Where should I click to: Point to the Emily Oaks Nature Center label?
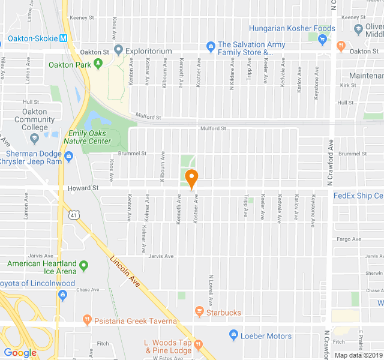(x=90, y=137)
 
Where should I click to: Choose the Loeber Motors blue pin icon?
(x=233, y=335)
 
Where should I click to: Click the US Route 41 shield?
(x=74, y=214)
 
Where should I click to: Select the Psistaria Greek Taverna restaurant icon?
(x=87, y=320)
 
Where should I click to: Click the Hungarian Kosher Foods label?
(x=292, y=28)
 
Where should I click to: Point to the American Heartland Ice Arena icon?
(x=83, y=265)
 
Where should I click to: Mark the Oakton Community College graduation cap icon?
(x=34, y=139)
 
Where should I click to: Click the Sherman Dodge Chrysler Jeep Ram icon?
(x=69, y=157)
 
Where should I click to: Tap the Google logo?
(x=20, y=353)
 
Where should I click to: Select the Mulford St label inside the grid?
(x=213, y=128)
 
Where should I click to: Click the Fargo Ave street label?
(x=349, y=239)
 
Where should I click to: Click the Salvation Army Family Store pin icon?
(x=210, y=46)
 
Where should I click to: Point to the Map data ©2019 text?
(x=358, y=355)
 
